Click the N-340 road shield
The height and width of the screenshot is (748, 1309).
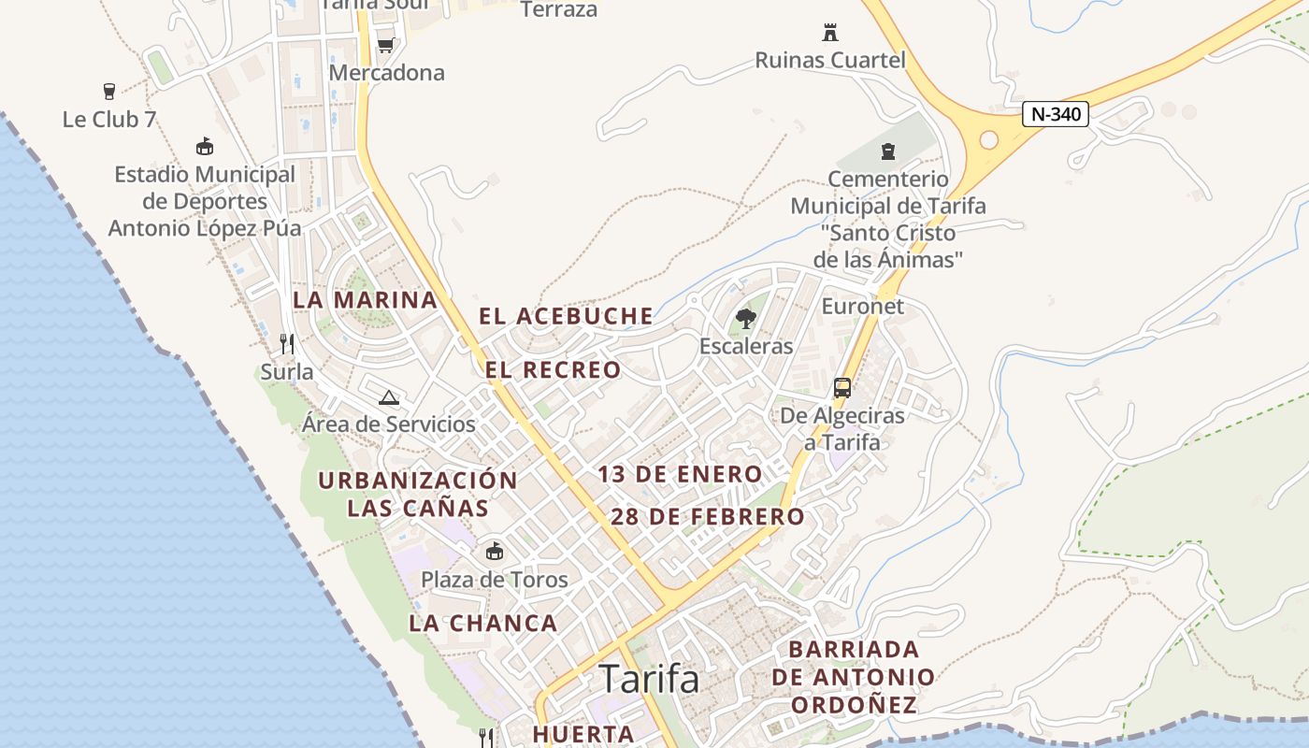[1056, 114]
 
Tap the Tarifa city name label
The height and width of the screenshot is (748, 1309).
[649, 679]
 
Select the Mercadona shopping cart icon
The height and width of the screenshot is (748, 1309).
[385, 45]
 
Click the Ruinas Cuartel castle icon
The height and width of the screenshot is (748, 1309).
[829, 33]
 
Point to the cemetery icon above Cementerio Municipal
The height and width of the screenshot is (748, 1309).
[887, 151]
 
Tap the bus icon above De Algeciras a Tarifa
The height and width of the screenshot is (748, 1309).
[841, 388]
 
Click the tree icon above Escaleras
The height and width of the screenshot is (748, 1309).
[745, 319]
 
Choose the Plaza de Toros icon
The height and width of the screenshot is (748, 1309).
[494, 552]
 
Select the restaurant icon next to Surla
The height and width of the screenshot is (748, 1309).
[287, 344]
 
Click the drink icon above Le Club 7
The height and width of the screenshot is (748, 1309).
[109, 92]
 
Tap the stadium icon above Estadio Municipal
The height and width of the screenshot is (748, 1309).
[204, 147]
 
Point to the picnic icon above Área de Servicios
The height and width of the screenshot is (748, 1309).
[389, 397]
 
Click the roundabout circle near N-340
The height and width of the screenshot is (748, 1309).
[988, 140]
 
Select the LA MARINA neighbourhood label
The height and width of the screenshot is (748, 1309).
[365, 300]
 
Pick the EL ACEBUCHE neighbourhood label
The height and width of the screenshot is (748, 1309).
[566, 316]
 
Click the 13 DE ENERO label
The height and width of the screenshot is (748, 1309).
[680, 474]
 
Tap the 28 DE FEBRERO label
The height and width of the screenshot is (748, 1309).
[707, 516]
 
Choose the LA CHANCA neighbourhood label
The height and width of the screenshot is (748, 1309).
[482, 623]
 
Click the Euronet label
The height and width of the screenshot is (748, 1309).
[862, 306]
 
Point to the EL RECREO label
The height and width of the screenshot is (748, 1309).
[553, 369]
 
